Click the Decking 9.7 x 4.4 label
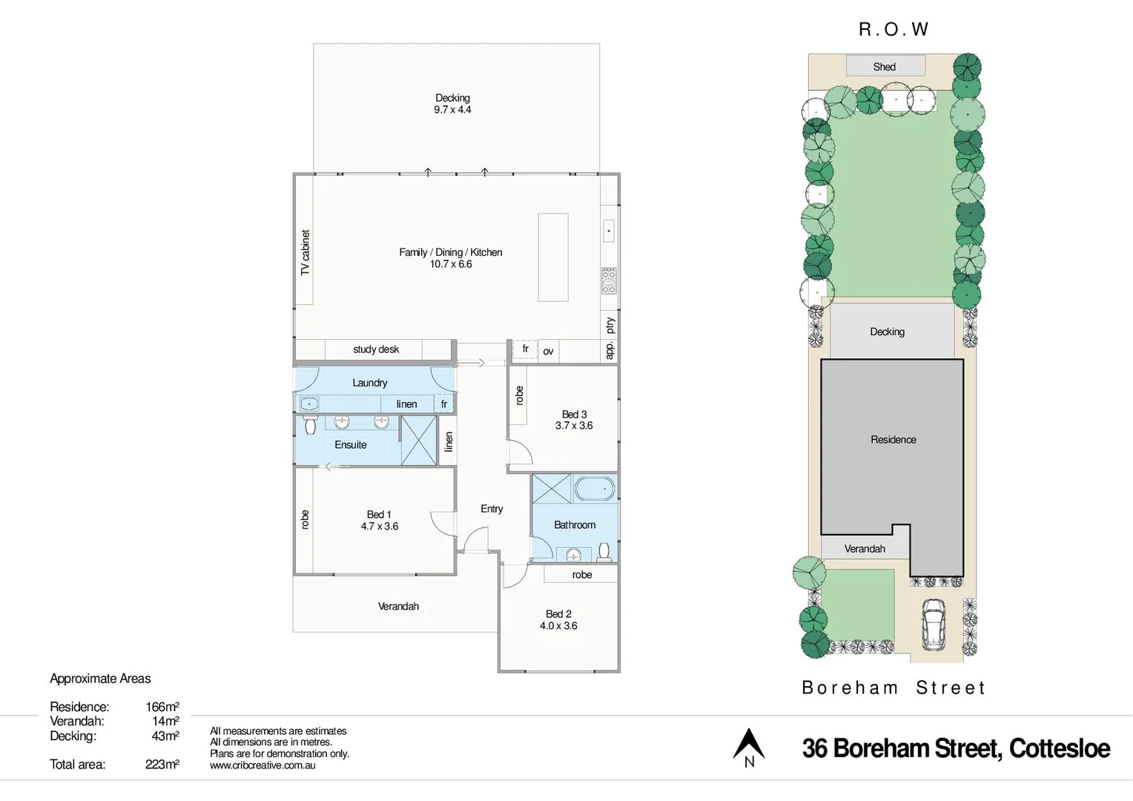[452, 104]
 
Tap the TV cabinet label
[305, 253]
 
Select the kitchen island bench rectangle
[552, 257]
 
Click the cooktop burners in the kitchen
[609, 280]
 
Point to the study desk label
[376, 349]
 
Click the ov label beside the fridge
[548, 352]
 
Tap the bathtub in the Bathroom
[595, 489]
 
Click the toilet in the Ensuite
[310, 425]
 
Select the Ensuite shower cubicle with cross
[418, 441]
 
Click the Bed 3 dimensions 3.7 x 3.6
[574, 426]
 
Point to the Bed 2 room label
[558, 614]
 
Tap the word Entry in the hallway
[492, 509]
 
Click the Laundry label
[369, 383]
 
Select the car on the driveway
[933, 623]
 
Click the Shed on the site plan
[885, 67]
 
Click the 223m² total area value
[162, 765]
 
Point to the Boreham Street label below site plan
[893, 688]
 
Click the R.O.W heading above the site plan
[893, 30]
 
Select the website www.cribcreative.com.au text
[262, 765]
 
